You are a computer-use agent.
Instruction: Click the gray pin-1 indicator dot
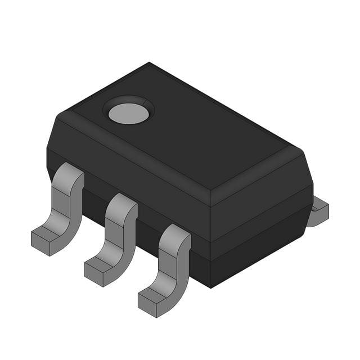click(x=129, y=114)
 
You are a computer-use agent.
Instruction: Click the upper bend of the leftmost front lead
click(x=71, y=174)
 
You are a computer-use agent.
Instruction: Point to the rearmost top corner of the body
click(x=149, y=63)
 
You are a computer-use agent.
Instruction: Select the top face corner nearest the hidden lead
click(x=296, y=151)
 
